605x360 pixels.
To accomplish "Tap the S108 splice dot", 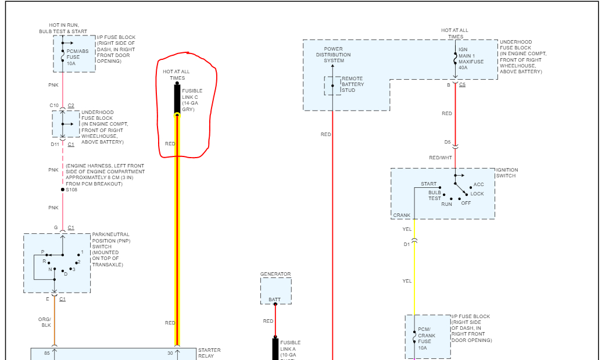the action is (63, 190).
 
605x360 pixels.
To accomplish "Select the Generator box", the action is (275, 291).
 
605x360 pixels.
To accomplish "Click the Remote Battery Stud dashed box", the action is (333, 85).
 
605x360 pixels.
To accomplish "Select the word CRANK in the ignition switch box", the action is (402, 215).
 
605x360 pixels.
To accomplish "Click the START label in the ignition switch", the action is (429, 184).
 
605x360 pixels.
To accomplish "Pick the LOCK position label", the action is (477, 194).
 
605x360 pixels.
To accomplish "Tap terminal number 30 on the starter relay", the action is (170, 353).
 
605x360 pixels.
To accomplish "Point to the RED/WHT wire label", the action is (440, 158).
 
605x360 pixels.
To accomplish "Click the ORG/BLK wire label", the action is (45, 322).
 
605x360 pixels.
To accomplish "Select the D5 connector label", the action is (448, 142).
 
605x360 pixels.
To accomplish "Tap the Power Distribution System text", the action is (334, 55).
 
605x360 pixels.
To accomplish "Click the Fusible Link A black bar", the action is (275, 348).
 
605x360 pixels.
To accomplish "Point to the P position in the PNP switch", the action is (42, 252).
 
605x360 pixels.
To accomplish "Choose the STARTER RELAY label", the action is (209, 353).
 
